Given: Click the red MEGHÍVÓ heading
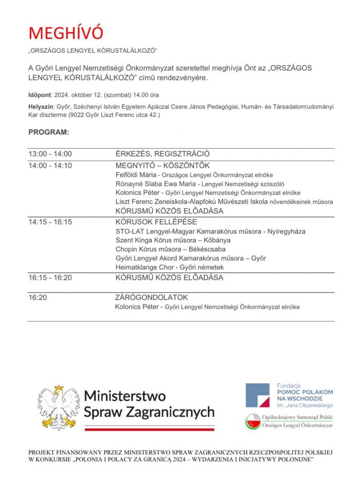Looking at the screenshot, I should click(66, 32).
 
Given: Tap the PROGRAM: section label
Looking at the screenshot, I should click(48, 132).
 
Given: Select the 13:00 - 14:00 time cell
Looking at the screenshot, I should click(50, 154).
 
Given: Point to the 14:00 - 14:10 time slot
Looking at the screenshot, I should click(50, 166).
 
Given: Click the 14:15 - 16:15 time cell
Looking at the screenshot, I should click(50, 222).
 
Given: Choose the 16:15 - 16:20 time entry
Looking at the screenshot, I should click(50, 278).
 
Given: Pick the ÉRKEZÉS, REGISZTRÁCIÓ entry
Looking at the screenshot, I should click(163, 154).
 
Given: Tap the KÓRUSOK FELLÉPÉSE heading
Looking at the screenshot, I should click(156, 222).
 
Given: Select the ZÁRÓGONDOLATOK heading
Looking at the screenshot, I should click(152, 297).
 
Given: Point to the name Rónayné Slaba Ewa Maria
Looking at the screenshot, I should click(156, 184).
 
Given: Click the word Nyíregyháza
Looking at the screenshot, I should click(287, 231).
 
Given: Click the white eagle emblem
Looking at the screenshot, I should click(58, 407).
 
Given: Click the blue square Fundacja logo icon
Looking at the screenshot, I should click(257, 395).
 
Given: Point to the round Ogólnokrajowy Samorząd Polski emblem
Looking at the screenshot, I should click(253, 421).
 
